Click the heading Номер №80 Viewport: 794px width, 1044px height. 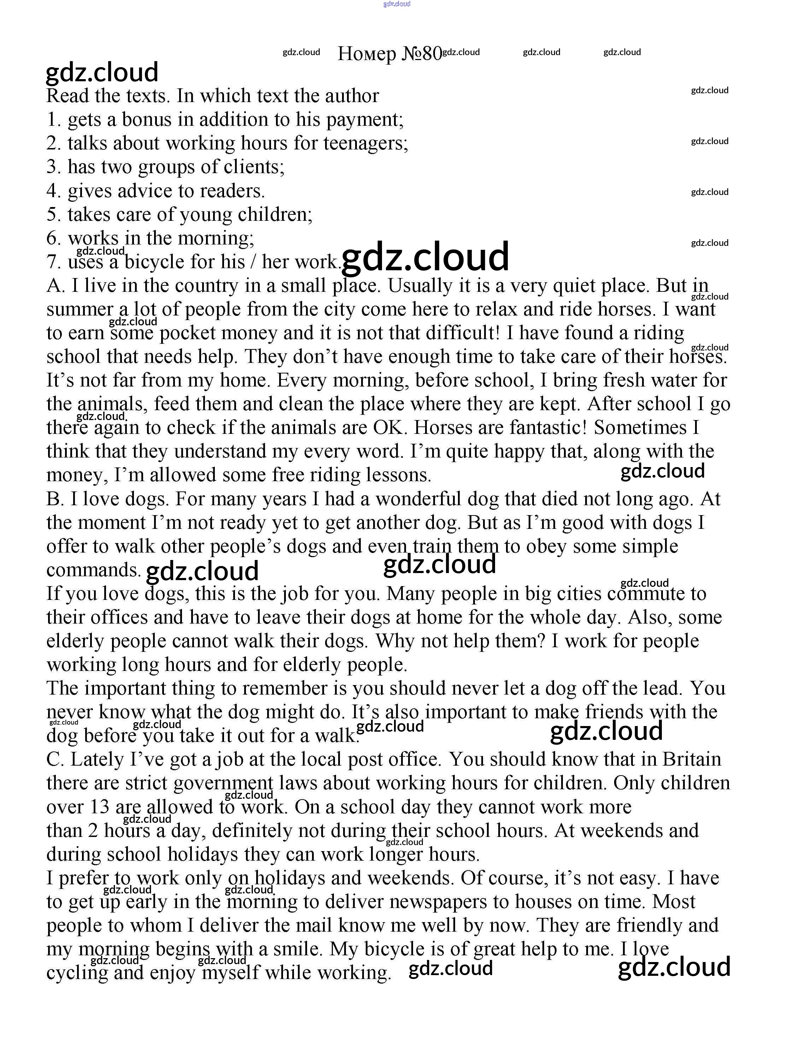389,54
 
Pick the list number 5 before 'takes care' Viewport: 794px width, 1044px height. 52,215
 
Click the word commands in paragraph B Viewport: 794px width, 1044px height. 93,570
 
